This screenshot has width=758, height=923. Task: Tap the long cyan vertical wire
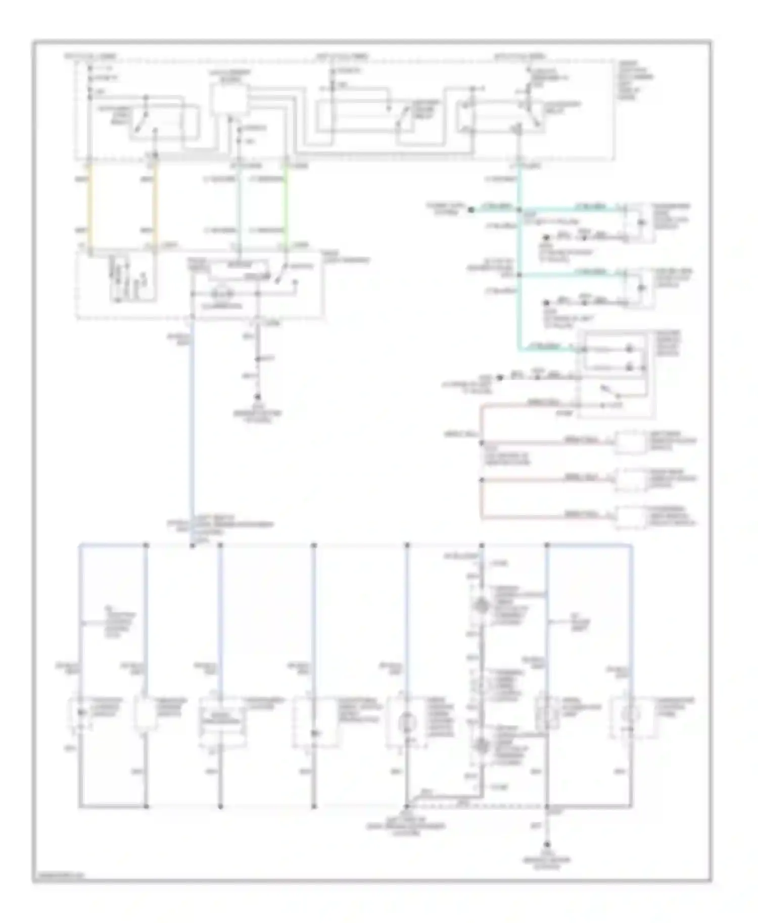coord(519,263)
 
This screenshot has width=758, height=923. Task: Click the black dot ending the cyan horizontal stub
coord(471,209)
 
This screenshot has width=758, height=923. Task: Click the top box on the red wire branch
coord(630,442)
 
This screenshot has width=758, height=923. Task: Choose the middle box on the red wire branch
coord(630,480)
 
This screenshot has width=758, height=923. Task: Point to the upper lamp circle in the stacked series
coord(482,605)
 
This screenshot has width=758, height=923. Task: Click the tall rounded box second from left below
coord(146,714)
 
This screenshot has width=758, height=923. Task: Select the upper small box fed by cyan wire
coord(639,222)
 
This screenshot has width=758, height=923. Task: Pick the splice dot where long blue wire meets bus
coord(193,545)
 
